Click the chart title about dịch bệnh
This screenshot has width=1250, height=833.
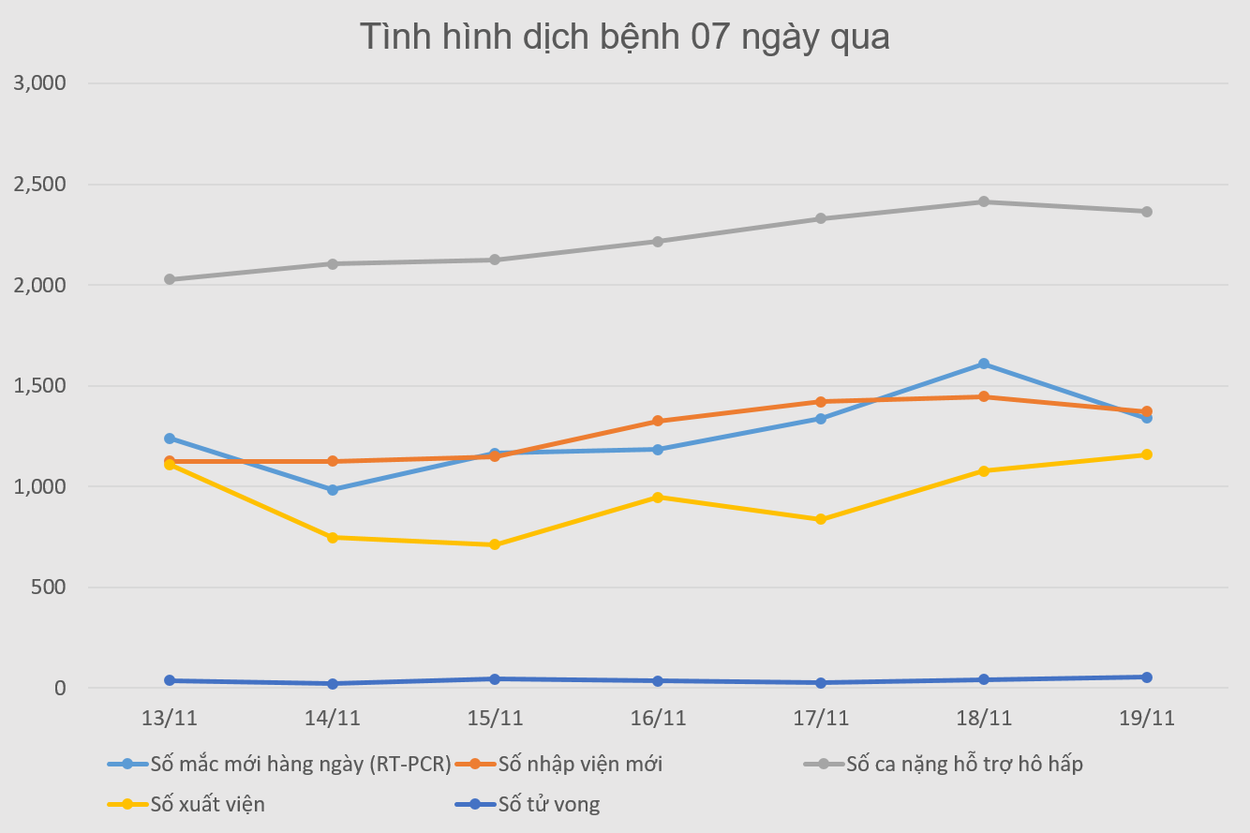(x=625, y=37)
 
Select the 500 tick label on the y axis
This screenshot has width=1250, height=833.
(x=50, y=588)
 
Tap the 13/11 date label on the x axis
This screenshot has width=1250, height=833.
(x=170, y=719)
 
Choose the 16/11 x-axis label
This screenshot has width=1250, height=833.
(x=658, y=719)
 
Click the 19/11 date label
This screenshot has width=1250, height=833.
(x=1146, y=719)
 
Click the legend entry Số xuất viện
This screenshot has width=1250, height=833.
(x=207, y=804)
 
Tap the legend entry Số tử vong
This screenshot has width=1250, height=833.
(x=548, y=804)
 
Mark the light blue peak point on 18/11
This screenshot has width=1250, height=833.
(x=984, y=364)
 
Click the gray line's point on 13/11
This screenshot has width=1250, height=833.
(x=170, y=279)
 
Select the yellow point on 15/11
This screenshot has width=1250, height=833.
(x=495, y=544)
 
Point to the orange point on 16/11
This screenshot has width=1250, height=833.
(x=658, y=421)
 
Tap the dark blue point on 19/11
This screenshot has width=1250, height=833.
(x=1146, y=677)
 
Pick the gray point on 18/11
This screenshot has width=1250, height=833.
(x=984, y=201)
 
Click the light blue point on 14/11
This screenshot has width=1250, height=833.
(x=333, y=489)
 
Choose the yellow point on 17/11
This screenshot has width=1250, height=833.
(x=821, y=519)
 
